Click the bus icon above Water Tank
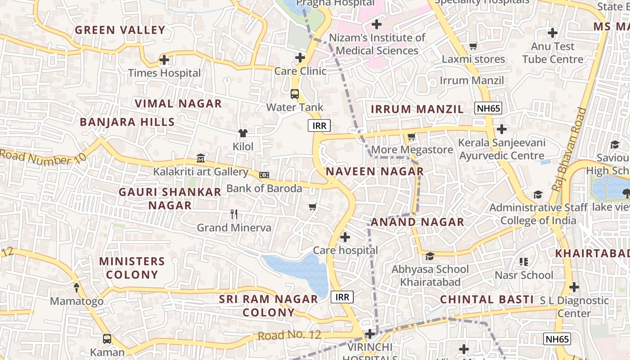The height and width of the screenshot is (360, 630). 295,94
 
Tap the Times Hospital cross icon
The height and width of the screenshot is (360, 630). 164,59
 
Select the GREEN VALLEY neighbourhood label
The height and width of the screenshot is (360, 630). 120,30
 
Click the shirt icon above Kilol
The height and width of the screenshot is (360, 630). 243,133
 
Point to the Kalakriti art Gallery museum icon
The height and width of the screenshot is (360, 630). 201,158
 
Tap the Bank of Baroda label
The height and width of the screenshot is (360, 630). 264,188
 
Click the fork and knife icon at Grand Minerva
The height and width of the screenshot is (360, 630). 234,214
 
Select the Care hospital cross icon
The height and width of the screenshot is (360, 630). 345,237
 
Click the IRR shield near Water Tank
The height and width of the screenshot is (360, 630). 319,126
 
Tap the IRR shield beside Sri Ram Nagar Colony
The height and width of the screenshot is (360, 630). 342,297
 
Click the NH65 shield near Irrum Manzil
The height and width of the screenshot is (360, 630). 488,108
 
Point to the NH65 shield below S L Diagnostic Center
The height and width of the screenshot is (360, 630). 557,339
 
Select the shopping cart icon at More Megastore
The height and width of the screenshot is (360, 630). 411,136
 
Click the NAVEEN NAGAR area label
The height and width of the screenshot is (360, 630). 375,171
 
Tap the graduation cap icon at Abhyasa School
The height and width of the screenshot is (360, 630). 430,256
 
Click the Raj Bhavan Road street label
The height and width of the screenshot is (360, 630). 569,148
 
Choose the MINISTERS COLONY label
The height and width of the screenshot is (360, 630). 132,268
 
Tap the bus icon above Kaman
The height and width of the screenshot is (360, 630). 107,338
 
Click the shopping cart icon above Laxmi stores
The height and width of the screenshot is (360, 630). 473,46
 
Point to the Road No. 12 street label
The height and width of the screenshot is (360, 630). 290,335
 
